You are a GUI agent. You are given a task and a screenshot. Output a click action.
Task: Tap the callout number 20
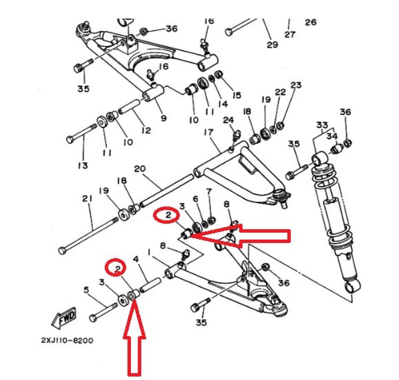coord(140,169)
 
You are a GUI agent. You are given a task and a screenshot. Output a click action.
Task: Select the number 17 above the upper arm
coord(208,133)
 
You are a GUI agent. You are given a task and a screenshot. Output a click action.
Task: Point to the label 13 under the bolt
coord(82,166)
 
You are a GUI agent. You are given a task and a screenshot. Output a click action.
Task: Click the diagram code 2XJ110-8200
coord(67,341)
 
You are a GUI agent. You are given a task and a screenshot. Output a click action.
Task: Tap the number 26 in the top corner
coord(310,22)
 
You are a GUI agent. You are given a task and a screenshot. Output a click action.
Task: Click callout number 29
coord(272,44)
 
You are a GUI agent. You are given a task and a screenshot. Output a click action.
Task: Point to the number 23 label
coord(296,86)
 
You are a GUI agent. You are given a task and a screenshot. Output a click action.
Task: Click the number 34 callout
coord(331,136)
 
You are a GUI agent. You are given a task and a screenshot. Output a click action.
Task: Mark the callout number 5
coord(86,290)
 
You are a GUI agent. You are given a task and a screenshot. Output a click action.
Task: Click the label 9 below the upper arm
coord(163,118)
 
